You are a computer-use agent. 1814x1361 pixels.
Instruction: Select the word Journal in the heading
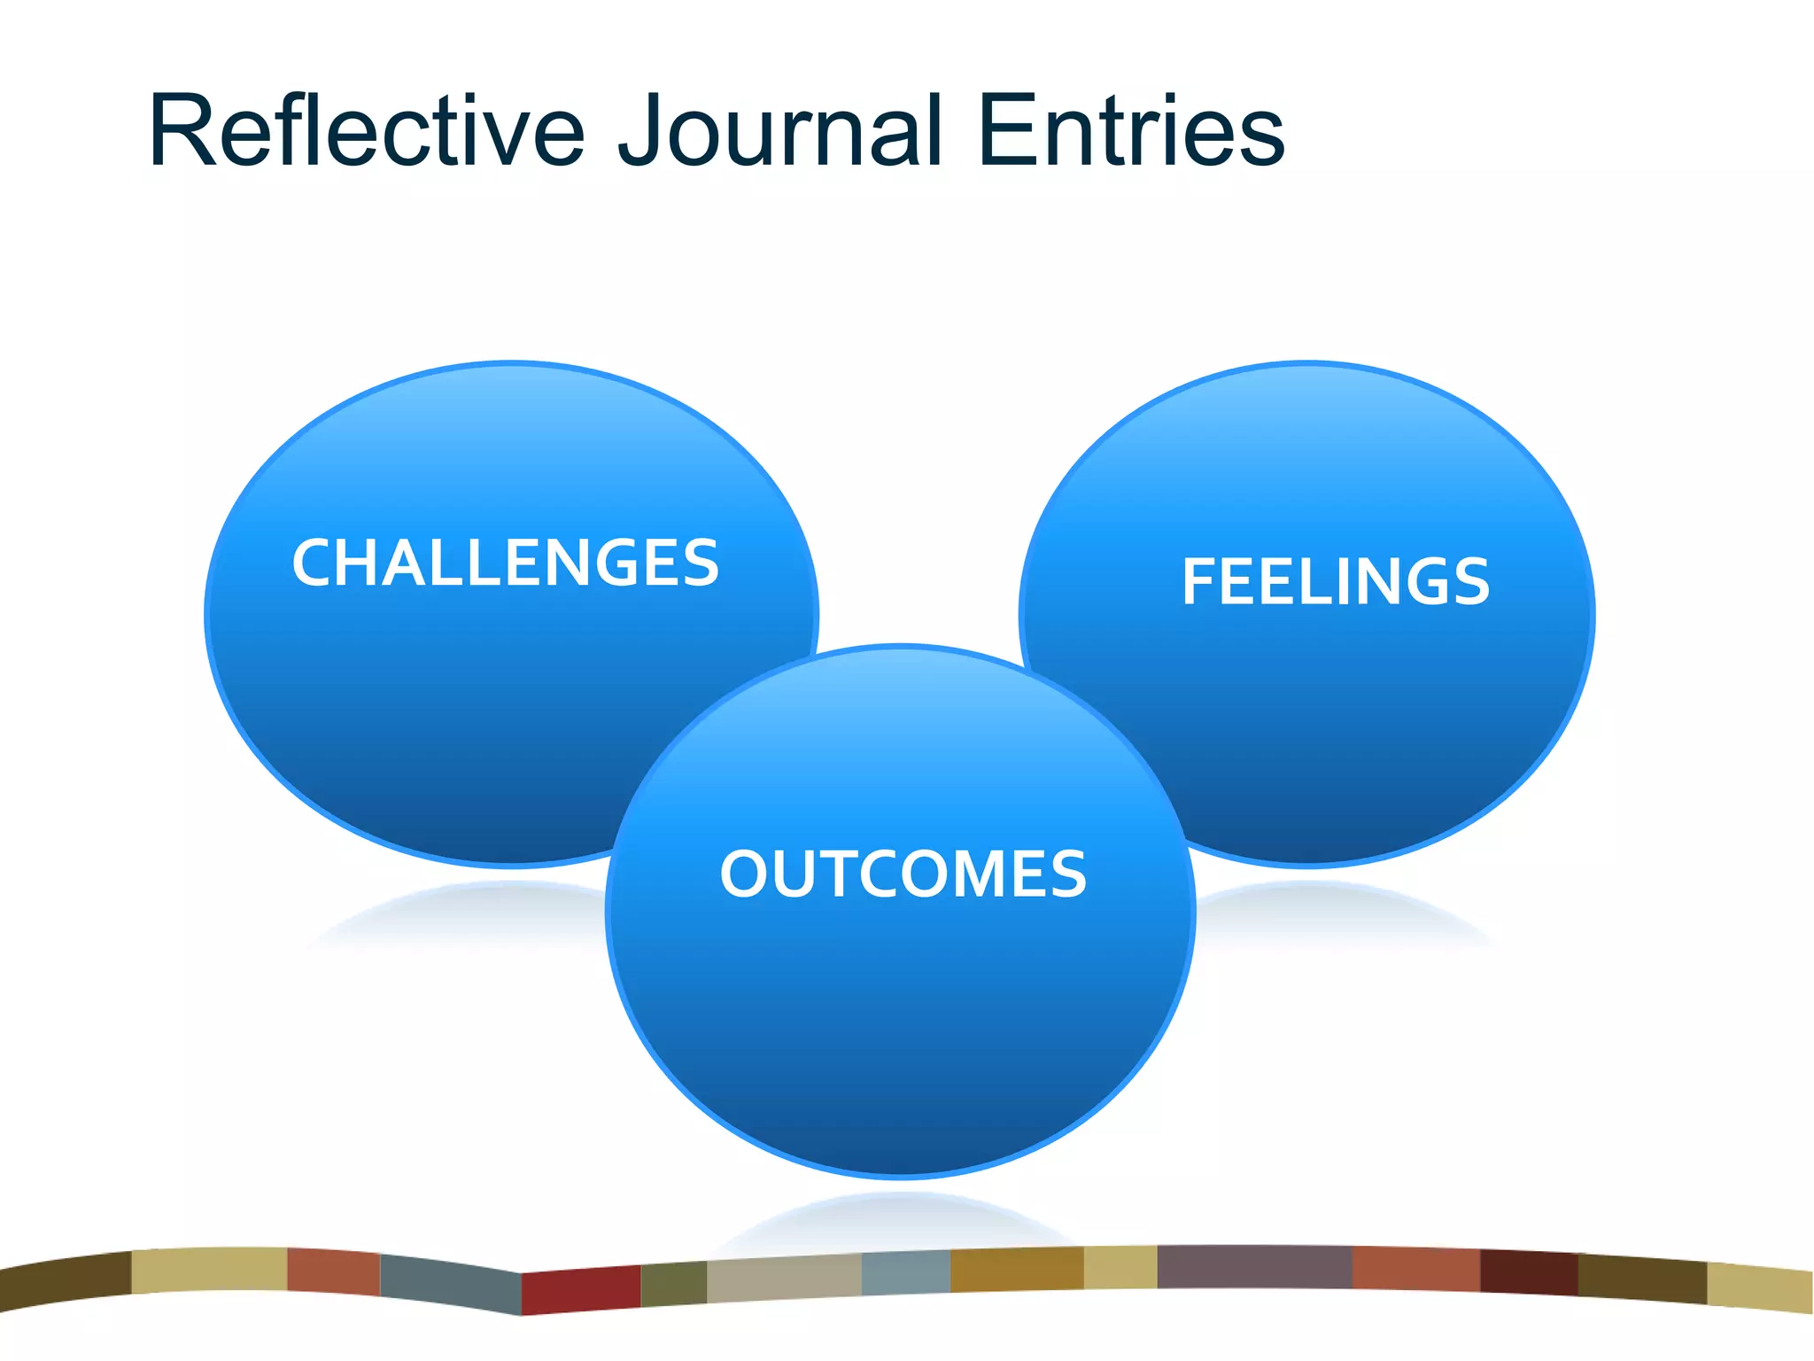(779, 130)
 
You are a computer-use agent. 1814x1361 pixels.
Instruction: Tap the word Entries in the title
(1131, 130)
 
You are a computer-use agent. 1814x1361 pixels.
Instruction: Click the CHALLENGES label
(505, 563)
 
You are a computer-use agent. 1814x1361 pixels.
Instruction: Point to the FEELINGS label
(1336, 582)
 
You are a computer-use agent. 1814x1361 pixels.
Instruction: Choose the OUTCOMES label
(903, 875)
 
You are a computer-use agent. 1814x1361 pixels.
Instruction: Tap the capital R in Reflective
(182, 130)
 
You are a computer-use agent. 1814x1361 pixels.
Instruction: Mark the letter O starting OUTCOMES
(748, 875)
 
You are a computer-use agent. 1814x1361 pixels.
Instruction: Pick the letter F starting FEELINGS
(1200, 582)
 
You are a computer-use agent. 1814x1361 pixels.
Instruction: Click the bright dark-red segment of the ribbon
(581, 1290)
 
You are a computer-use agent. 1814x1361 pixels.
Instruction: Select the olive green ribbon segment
(673, 1284)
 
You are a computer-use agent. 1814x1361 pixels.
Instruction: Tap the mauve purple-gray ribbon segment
(1254, 1267)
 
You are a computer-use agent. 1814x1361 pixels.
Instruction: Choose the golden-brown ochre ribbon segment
(1017, 1269)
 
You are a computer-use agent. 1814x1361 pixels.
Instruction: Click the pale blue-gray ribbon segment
(905, 1273)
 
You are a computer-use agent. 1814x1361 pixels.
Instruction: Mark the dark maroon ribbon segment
(1528, 1272)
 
